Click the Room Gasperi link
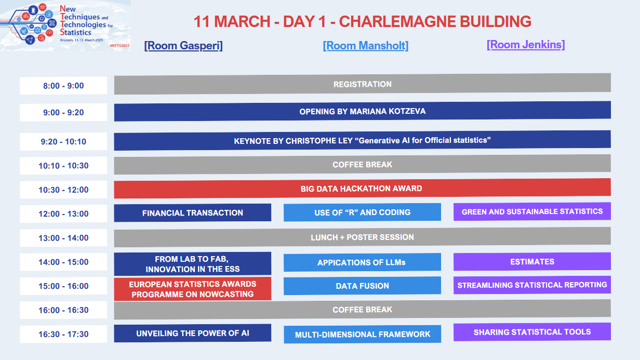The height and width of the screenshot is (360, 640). pos(183,46)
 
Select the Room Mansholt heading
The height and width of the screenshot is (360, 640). pos(365,46)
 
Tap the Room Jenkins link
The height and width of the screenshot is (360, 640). pos(526,45)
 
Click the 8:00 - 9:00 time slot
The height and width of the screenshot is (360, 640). pos(63,85)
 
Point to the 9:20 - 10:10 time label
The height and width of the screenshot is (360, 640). pos(63,141)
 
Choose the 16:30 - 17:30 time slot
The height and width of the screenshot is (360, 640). pos(63,334)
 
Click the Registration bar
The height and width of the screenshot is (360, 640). pos(362,84)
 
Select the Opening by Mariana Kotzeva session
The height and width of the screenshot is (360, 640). pos(362,111)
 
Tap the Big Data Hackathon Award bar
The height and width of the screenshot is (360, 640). pos(362,189)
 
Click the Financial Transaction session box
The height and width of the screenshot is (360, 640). pos(193,213)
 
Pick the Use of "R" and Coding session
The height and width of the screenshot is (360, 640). pos(362,212)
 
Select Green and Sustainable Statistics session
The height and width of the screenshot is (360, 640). pos(532,211)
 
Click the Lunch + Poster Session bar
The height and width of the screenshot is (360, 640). pos(362,237)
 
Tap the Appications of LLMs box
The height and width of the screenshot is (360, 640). pos(362,262)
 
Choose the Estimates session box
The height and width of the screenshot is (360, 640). pos(532,261)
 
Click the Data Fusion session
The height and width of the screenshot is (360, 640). pos(362,286)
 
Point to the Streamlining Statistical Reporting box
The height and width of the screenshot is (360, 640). pos(532,285)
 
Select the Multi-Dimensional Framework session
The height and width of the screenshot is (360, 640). pos(362,335)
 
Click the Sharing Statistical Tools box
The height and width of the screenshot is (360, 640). pos(532,332)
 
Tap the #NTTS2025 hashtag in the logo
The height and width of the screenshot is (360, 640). pos(119,46)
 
